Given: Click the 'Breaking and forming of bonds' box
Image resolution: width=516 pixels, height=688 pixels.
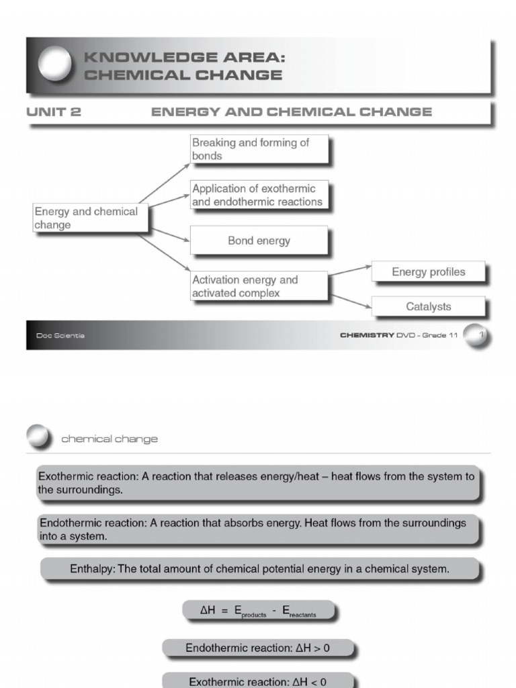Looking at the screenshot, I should (259, 149).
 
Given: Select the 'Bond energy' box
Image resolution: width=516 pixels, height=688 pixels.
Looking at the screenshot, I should (259, 241).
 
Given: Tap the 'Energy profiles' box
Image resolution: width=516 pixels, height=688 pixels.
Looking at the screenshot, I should (428, 272).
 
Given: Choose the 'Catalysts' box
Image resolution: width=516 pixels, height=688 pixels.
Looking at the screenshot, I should (428, 307).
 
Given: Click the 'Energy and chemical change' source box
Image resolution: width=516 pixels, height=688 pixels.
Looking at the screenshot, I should (90, 218).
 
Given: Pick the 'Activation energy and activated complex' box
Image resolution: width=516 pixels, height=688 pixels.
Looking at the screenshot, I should (259, 286).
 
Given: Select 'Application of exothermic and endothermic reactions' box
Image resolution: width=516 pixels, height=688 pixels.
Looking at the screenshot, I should (259, 195).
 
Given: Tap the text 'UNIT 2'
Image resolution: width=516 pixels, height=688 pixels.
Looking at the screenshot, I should (53, 112).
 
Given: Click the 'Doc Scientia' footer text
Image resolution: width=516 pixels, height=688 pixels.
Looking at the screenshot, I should (60, 335).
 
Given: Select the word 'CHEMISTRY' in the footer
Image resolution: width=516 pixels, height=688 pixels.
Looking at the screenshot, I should (367, 335).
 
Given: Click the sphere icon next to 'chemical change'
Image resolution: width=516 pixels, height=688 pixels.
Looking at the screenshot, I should (39, 438).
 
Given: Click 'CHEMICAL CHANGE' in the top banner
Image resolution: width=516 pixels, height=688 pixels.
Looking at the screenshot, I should (183, 75).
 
